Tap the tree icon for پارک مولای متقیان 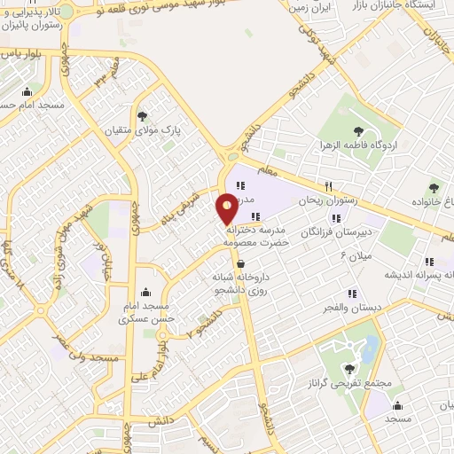(143, 115)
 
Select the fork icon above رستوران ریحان (329, 186)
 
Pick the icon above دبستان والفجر (353, 294)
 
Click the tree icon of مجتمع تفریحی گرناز (351, 369)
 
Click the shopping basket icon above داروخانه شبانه (240, 262)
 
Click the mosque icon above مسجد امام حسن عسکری (145, 294)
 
